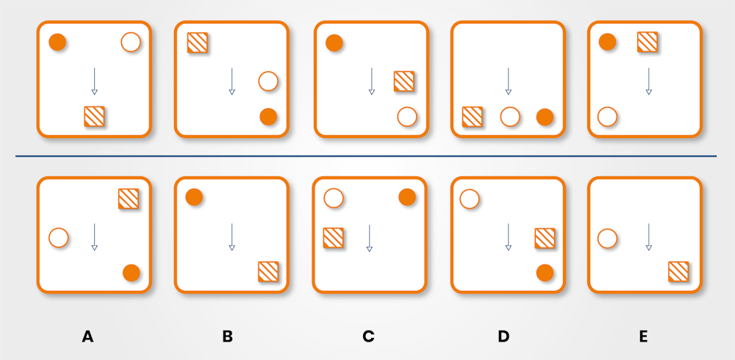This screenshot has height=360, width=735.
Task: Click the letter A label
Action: pyautogui.click(x=87, y=336)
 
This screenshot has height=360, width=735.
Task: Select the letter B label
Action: pyautogui.click(x=228, y=336)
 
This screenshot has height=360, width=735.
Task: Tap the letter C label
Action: pyautogui.click(x=368, y=336)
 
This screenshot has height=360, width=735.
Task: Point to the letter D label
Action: pyautogui.click(x=503, y=336)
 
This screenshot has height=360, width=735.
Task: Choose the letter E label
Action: pyautogui.click(x=643, y=336)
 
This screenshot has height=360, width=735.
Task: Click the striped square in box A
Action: pyautogui.click(x=129, y=198)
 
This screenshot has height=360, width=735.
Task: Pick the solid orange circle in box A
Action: pyautogui.click(x=131, y=273)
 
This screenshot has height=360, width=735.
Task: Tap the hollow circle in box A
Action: pyautogui.click(x=59, y=238)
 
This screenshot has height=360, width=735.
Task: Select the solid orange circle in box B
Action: pyautogui.click(x=194, y=197)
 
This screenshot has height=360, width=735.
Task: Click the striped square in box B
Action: pyautogui.click(x=268, y=271)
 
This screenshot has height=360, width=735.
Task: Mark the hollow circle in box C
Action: pyautogui.click(x=334, y=198)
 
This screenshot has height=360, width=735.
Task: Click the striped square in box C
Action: pyautogui.click(x=334, y=238)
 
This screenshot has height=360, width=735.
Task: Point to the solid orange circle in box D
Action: pyautogui.click(x=545, y=273)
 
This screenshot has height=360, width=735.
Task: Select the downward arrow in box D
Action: pyautogui.click(x=508, y=237)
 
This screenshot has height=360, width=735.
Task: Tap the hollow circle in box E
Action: pyautogui.click(x=607, y=238)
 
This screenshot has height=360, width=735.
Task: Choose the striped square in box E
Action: pyautogui.click(x=678, y=271)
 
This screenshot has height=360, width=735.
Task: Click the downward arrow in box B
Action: pyautogui.click(x=232, y=237)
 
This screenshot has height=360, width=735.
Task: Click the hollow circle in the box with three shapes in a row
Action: pyautogui.click(x=510, y=116)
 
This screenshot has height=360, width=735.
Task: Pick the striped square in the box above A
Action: pyautogui.click(x=94, y=116)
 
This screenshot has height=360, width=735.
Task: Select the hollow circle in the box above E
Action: pyautogui.click(x=607, y=116)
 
